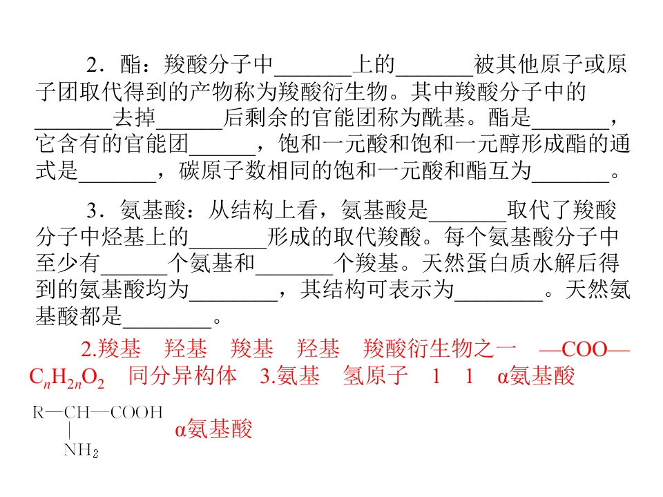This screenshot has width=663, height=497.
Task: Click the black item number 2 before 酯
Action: tap(93, 65)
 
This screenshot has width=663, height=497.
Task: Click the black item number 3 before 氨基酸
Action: tap(93, 210)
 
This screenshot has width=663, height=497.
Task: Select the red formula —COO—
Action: tap(585, 349)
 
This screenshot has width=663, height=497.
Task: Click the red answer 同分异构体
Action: tap(182, 376)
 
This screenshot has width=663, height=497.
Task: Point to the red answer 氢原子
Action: tap(376, 376)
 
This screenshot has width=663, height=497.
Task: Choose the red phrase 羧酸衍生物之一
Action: tap(439, 349)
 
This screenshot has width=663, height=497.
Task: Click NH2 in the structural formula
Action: tap(81, 450)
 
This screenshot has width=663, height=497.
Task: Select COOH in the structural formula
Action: tap(137, 412)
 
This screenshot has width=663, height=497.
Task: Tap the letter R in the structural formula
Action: tap(39, 412)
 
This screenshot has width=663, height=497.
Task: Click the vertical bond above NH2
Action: tap(69, 431)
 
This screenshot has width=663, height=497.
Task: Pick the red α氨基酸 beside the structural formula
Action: tap(213, 429)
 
